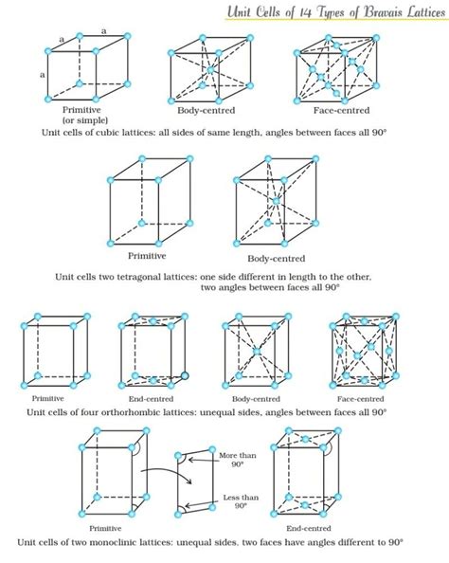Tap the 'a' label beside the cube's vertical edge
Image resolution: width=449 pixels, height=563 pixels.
(42, 73)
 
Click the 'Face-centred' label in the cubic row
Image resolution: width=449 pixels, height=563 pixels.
(341, 111)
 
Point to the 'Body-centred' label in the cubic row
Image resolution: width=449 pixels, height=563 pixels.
(203, 111)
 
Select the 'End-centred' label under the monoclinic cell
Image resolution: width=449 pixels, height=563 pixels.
(305, 528)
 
